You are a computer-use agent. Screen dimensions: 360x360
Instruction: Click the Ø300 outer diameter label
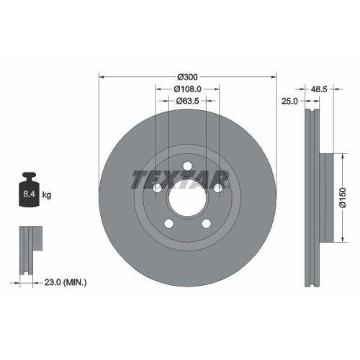click(187, 76)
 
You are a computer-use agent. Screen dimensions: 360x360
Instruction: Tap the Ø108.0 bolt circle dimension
click(187, 89)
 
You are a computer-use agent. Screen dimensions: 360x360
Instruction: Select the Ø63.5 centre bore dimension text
click(187, 102)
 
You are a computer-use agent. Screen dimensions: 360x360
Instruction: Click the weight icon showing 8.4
click(29, 192)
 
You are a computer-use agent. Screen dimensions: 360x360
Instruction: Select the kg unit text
click(47, 195)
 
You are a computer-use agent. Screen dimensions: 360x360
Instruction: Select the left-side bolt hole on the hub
click(157, 187)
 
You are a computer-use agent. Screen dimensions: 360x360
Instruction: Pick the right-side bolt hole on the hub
click(217, 187)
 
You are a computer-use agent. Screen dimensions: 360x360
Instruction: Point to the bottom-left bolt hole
click(168, 222)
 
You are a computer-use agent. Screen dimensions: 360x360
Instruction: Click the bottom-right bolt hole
click(206, 222)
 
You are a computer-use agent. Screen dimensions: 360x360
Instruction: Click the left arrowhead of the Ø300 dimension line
click(101, 76)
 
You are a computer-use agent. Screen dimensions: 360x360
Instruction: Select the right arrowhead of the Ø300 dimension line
click(274, 76)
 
